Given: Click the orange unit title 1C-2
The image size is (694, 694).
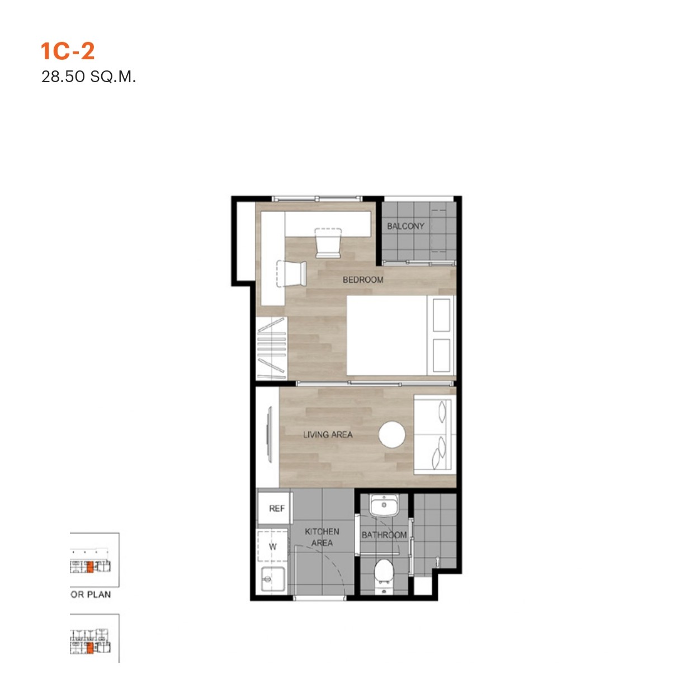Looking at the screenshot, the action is pos(68,51).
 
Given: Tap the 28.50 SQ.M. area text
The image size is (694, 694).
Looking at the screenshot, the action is pos(88,77).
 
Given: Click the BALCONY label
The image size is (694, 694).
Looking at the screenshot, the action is pos(405,226).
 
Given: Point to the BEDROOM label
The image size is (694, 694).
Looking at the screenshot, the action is pos(363,280).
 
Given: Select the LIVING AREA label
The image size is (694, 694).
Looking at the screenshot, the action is pos(328,435).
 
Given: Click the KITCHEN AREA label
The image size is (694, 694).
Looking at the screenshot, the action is pos(322,537).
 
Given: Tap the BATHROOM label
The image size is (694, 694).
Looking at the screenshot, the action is pos(384,535).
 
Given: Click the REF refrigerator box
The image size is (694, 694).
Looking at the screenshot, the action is pos(275,508).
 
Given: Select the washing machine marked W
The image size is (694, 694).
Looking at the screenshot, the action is pos(273,546).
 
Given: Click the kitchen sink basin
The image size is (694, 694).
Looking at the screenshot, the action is pos(273,579).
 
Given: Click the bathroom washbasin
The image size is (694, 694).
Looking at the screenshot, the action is pos(384,505).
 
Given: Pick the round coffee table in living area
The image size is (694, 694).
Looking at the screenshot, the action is pos(392,435).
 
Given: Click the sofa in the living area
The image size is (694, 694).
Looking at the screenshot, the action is pos(435,435).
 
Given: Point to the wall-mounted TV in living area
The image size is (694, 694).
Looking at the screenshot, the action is pos(268,434).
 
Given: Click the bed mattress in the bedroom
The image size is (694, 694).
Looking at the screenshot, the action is pos(401,336).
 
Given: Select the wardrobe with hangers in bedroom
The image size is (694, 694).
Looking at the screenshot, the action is pos(272,348).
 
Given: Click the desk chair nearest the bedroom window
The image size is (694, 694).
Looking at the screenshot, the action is pos(328,243).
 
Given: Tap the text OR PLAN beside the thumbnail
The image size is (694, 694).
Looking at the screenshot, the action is pos(91,594).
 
